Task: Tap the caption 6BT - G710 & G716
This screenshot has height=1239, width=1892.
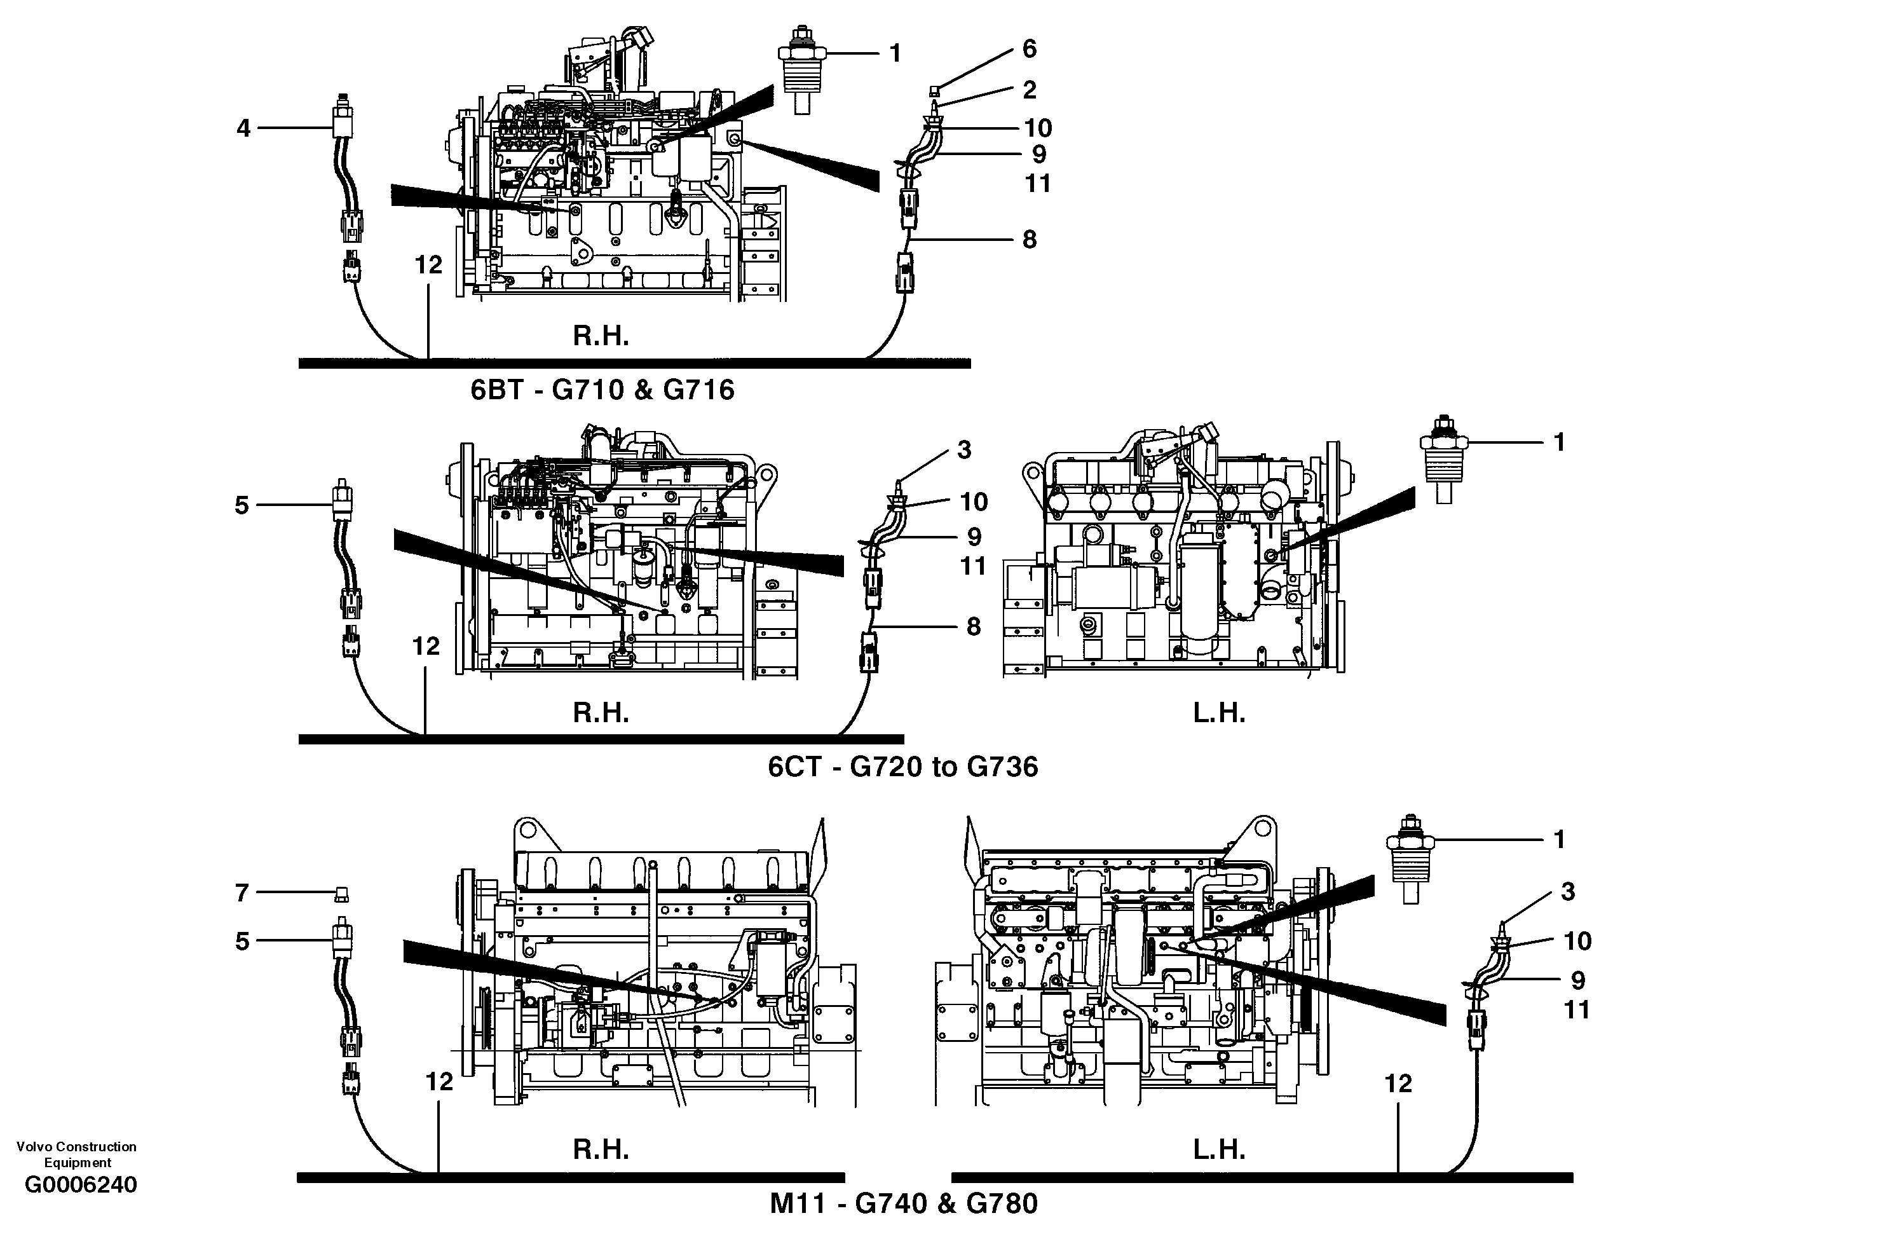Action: (602, 390)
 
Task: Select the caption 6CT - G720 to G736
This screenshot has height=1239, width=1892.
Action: (903, 767)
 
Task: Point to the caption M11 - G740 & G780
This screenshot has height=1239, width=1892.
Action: (904, 1203)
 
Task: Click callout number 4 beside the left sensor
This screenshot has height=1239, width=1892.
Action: (243, 128)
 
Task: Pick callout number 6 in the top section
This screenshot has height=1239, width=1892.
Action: (1030, 50)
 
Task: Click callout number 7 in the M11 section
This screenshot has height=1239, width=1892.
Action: (243, 893)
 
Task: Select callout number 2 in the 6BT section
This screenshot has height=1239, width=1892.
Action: (1030, 90)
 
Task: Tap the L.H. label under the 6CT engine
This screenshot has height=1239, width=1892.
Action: (1219, 713)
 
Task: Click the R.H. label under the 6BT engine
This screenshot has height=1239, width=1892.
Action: (601, 336)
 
